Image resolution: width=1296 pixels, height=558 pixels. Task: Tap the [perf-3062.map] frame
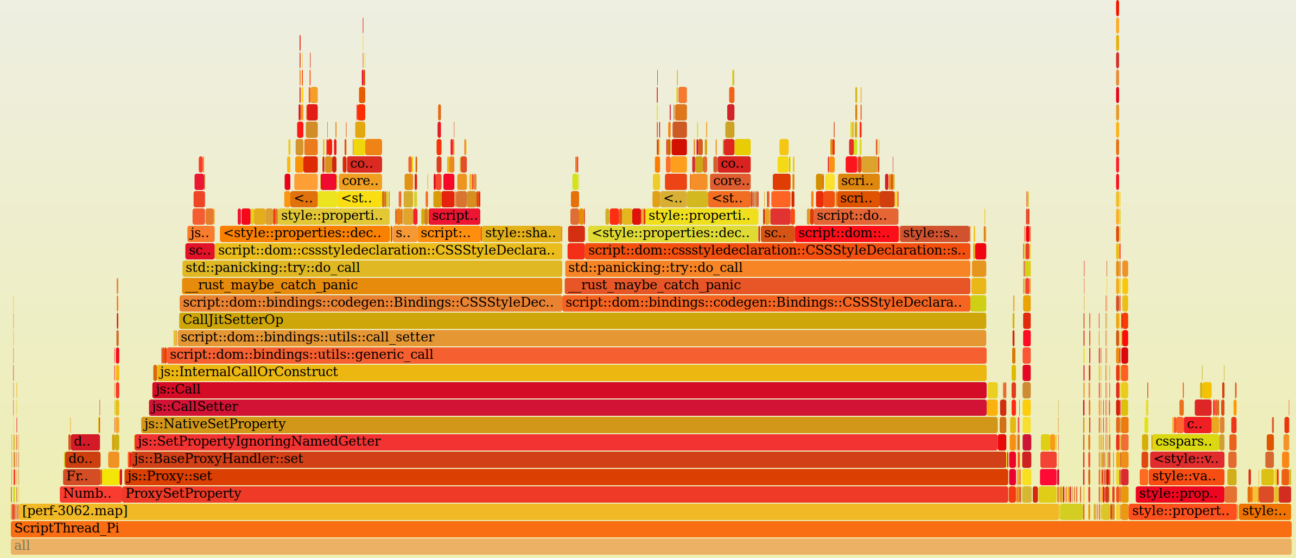(537, 511)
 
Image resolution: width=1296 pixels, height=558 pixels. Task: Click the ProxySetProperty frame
(564, 494)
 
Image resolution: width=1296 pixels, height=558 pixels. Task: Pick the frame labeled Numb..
(90, 494)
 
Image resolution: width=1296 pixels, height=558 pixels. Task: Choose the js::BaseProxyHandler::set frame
(568, 459)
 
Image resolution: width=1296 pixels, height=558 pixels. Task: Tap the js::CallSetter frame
(567, 407)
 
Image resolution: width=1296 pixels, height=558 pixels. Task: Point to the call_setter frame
(581, 338)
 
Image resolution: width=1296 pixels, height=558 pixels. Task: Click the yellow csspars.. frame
(1185, 442)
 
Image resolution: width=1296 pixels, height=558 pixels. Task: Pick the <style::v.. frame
(1186, 459)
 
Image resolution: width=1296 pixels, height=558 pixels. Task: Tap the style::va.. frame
(1186, 477)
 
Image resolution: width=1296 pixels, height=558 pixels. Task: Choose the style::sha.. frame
(521, 233)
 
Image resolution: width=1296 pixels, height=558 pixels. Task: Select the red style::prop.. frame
(1179, 494)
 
